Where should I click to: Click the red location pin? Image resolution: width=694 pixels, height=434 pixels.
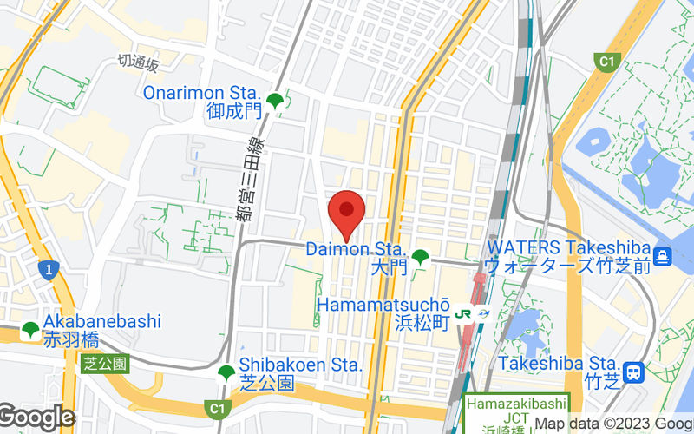(347, 210)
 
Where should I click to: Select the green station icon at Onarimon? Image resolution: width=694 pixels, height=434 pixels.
(275, 101)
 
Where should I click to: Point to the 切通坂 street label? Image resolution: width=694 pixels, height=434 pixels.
(139, 62)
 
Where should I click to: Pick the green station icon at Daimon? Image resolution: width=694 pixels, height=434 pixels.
(421, 257)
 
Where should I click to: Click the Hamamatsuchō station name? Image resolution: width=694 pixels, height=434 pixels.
(383, 306)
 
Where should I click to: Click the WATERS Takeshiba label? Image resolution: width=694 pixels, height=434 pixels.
(567, 248)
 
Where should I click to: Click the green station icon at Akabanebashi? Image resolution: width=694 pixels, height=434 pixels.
(30, 330)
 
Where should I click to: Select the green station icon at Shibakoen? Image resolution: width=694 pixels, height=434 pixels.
(226, 373)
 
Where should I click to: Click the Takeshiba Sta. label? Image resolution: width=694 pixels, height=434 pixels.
(559, 365)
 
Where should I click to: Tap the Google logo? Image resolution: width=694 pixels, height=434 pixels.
(36, 417)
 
